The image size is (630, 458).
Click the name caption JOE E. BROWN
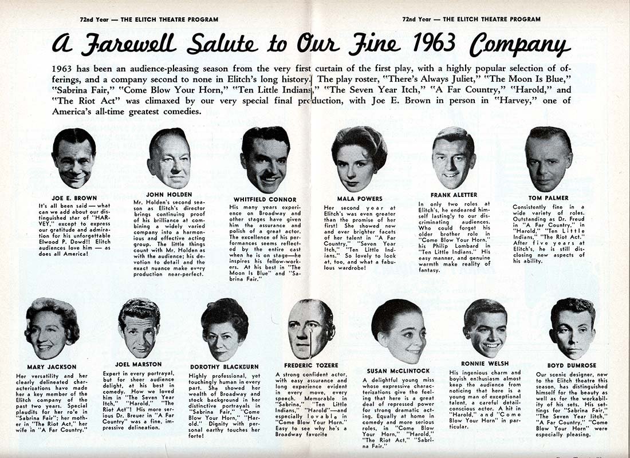(74, 198)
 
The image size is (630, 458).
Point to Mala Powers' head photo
(360, 158)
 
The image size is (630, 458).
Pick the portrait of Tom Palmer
(549, 158)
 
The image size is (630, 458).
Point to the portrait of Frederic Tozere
(312, 330)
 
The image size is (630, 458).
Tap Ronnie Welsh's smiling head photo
(485, 328)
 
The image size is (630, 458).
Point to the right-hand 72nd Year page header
(471, 19)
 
